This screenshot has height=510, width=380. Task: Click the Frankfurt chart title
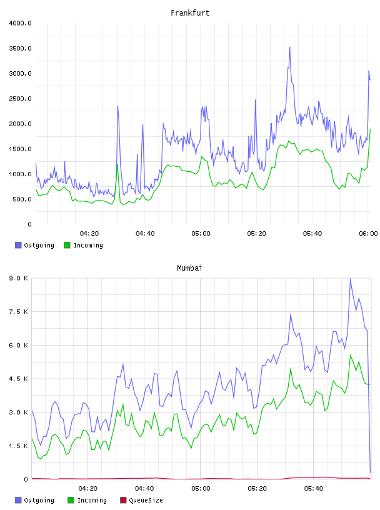tap(190, 13)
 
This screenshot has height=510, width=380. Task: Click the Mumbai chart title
tap(189, 268)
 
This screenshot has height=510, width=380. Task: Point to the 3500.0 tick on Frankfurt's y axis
tap(20, 49)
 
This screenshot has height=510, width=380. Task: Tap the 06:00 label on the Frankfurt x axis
tap(368, 234)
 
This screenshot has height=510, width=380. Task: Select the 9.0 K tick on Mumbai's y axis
tap(19, 278)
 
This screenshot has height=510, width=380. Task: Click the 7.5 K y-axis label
tap(19, 312)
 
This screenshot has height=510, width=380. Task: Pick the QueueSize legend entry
tap(141, 500)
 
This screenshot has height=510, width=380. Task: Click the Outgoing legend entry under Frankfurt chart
tap(35, 245)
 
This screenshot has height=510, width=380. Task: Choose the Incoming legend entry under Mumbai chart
tap(87, 500)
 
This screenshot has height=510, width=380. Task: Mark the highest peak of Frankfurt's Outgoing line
tap(289, 47)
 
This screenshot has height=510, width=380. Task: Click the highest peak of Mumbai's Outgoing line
tap(350, 279)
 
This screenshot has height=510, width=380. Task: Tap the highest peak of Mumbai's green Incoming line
tap(351, 355)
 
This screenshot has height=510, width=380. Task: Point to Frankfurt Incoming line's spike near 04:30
tap(117, 164)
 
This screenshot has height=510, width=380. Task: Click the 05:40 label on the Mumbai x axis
tap(314, 489)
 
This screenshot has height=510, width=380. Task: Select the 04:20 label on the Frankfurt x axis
tap(89, 234)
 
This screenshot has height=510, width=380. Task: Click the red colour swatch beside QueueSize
tap(123, 500)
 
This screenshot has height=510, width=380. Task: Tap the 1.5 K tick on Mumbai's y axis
tap(19, 446)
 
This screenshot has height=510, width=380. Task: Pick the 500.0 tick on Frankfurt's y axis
tap(22, 199)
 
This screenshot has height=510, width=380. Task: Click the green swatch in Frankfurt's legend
tap(67, 245)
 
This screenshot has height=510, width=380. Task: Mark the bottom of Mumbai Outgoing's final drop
tap(370, 472)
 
